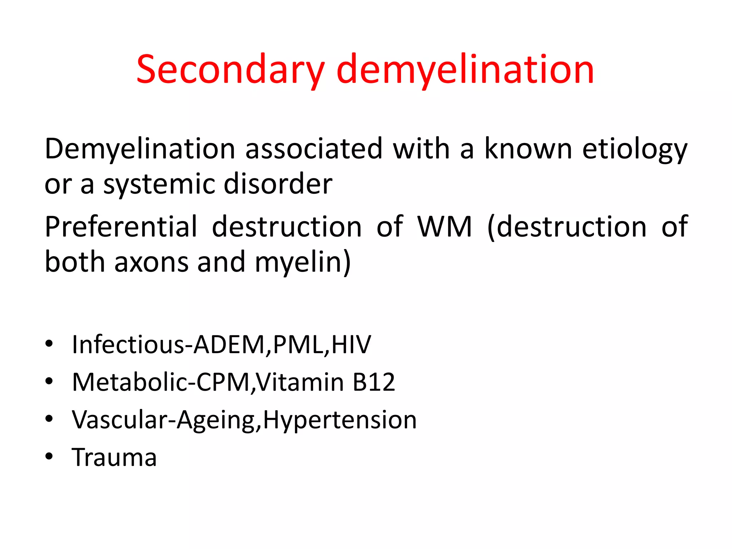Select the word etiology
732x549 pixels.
(x=635, y=149)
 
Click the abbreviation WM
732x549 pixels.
(x=445, y=227)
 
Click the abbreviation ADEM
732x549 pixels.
(x=229, y=345)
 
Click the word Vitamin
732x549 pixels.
(x=300, y=382)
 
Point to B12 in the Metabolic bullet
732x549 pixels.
(x=374, y=382)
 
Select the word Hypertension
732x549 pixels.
(x=340, y=420)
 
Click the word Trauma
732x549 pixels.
(x=114, y=457)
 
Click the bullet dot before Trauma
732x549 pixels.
(x=49, y=456)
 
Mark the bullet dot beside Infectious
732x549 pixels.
(x=49, y=344)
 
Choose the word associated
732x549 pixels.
(x=314, y=149)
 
